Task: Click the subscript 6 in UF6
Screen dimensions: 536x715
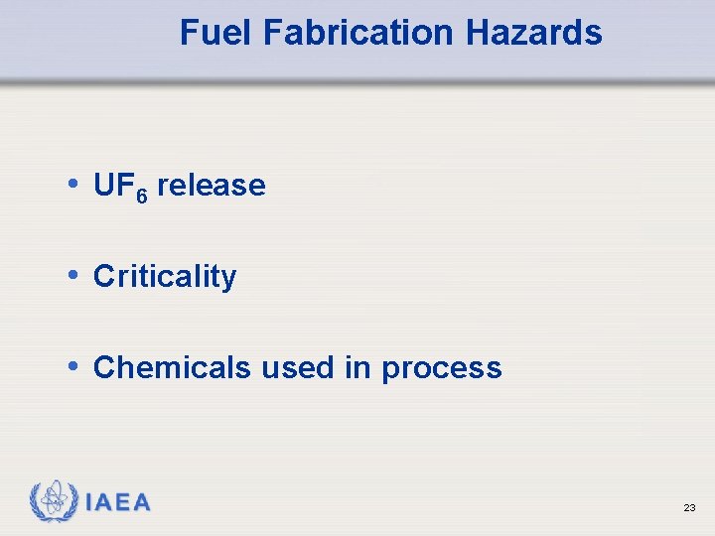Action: (141, 194)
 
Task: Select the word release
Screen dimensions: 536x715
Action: (212, 186)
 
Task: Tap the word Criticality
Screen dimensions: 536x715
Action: (165, 277)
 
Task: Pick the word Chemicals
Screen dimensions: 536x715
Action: (172, 368)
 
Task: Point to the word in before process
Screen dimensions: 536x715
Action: (357, 368)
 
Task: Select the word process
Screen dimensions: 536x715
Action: (442, 369)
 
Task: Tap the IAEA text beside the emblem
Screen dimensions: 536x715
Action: (118, 502)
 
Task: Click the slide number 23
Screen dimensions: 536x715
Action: (689, 507)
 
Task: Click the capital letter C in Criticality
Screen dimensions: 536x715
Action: (102, 277)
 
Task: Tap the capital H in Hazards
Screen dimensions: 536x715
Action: (475, 33)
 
